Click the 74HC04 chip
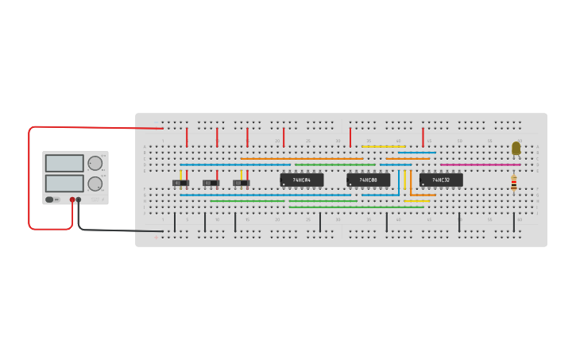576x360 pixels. click(301, 180)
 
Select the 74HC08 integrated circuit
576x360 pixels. click(368, 180)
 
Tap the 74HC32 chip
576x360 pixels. click(441, 180)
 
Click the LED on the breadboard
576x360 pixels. click(516, 148)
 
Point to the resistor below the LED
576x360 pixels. click(513, 184)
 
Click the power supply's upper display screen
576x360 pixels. click(64, 163)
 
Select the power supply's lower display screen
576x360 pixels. click(64, 183)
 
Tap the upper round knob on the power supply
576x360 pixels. click(95, 163)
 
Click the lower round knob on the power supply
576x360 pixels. click(95, 184)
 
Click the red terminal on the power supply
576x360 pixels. click(72, 200)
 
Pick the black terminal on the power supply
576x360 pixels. click(79, 200)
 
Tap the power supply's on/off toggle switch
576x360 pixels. click(50, 199)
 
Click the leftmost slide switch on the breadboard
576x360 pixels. click(181, 183)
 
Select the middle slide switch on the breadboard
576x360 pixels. click(211, 183)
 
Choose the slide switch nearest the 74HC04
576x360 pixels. click(241, 183)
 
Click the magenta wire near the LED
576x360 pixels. click(480, 165)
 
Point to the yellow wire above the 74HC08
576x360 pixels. click(383, 146)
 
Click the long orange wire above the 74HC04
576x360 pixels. click(302, 158)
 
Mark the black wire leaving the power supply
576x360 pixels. click(119, 230)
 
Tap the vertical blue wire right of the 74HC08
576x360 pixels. click(399, 181)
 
